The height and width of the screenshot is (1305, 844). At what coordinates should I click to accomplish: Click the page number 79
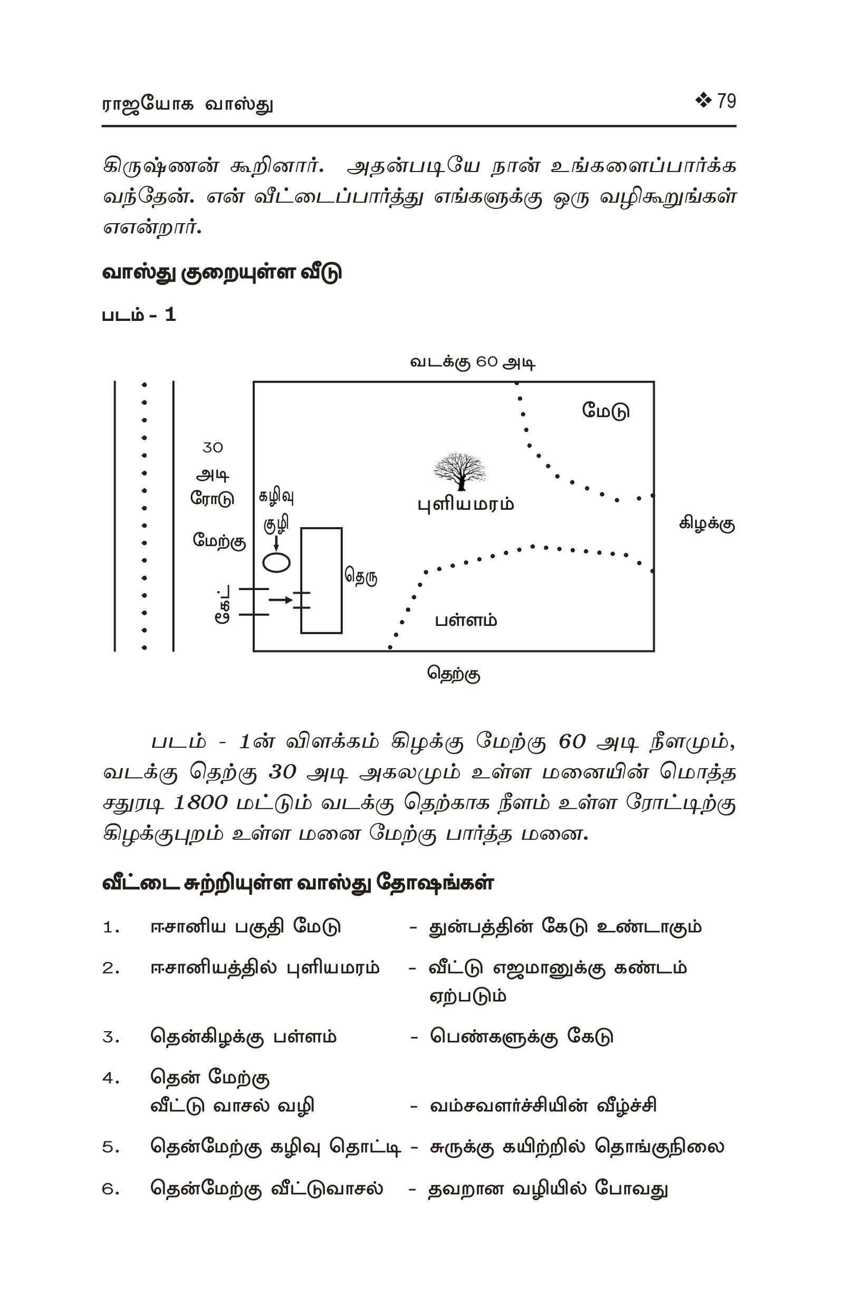tap(726, 101)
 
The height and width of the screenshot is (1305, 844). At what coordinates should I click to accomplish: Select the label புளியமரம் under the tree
tap(466, 504)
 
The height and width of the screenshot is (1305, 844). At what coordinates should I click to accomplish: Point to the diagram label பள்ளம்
tap(466, 621)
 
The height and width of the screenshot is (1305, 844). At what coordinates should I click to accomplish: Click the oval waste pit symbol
tap(276, 563)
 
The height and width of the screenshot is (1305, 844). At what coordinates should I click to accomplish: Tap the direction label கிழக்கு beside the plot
tap(707, 524)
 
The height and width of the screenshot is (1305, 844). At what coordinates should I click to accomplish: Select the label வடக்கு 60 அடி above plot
tap(473, 363)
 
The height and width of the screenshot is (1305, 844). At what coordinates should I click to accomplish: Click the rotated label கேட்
tap(222, 604)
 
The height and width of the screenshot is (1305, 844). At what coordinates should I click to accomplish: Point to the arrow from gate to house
tap(281, 600)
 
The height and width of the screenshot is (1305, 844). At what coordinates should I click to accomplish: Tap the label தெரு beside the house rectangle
tap(361, 577)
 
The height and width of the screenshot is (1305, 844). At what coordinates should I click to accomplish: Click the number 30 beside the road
tap(213, 448)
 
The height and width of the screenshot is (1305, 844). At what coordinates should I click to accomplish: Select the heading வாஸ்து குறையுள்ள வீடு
tap(222, 272)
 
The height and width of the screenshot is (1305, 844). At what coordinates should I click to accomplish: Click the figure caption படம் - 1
tap(139, 315)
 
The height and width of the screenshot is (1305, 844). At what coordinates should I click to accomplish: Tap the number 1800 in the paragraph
tap(200, 803)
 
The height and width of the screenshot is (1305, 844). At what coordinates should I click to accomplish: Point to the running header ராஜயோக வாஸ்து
tap(187, 104)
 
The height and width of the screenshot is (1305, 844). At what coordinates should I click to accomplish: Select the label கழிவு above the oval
tap(276, 497)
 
